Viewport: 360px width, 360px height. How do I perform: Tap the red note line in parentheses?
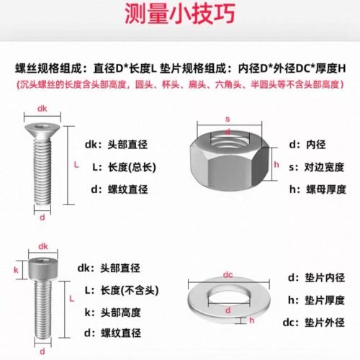pos(180,85)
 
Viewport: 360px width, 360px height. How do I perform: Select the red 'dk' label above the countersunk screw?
pos(42,110)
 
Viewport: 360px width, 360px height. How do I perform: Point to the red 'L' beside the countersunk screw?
pos(76,164)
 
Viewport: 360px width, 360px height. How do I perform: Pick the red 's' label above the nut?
pos(228,119)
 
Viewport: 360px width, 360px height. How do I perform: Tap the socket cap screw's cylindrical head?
pos(42,270)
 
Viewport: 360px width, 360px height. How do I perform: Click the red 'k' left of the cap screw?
pos(15,270)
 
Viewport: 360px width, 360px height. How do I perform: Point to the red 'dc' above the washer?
pos(227,274)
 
